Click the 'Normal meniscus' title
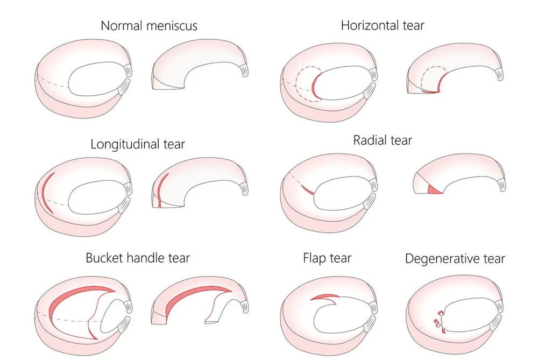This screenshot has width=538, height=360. (x=149, y=25)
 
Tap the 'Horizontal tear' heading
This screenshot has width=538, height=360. (x=383, y=25)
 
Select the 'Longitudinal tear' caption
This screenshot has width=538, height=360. (x=138, y=144)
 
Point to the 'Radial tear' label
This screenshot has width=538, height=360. (x=383, y=140)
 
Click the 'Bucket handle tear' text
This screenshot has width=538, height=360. (x=138, y=258)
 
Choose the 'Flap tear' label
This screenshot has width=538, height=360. (x=327, y=258)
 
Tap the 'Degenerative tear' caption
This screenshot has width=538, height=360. (x=455, y=259)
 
